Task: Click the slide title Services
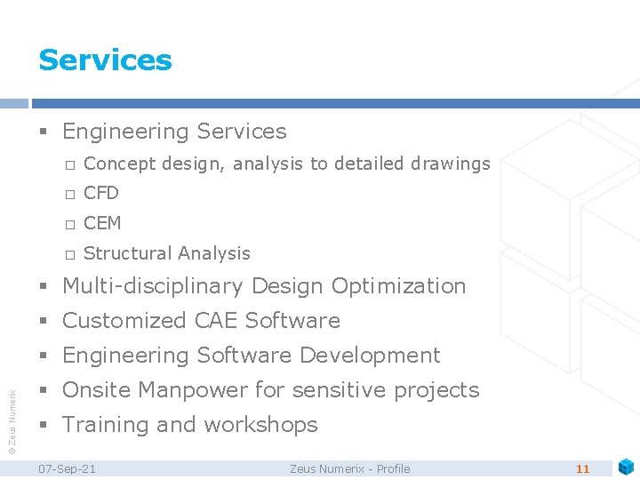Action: tap(105, 60)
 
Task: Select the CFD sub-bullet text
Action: tap(101, 193)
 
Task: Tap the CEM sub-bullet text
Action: tap(102, 223)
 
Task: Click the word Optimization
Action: tap(398, 286)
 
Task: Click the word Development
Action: tap(370, 356)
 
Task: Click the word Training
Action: tap(106, 425)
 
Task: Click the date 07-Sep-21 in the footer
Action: tap(67, 468)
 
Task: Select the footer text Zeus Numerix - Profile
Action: tap(350, 468)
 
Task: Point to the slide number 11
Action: tap(583, 468)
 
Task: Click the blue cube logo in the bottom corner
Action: tap(627, 466)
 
